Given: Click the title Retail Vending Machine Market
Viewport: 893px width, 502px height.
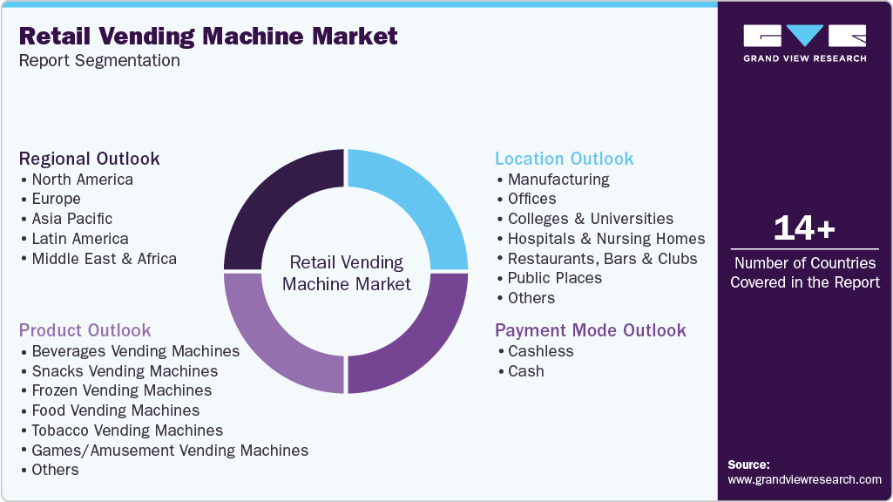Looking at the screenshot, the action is [208, 36].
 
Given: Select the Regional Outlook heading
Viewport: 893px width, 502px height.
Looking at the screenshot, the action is [90, 159].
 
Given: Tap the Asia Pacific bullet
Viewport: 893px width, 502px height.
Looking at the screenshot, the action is [72, 219].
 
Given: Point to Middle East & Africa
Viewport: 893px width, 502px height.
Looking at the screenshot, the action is [104, 259].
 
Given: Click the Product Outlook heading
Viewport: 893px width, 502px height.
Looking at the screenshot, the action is [85, 330].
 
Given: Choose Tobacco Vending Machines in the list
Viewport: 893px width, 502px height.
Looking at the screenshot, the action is [127, 431].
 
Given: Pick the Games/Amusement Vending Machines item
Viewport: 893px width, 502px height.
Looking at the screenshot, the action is [170, 451].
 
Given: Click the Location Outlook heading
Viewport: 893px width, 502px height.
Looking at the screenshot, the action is [565, 159].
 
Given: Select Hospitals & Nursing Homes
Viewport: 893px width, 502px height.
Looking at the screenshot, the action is [606, 239].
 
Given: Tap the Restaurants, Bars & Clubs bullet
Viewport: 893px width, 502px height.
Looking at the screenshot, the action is [602, 259].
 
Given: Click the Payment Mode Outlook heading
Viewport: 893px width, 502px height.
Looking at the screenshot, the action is [591, 330].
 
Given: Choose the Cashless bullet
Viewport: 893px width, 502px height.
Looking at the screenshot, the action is [541, 351].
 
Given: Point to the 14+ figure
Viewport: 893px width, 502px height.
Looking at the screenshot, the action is [804, 228].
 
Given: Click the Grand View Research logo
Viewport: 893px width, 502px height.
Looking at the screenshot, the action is [804, 43].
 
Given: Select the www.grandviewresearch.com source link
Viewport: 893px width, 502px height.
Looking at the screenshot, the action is [804, 479].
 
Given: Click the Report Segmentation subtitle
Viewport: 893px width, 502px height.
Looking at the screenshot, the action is [99, 61].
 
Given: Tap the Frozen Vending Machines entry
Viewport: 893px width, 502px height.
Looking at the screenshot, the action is [121, 390].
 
